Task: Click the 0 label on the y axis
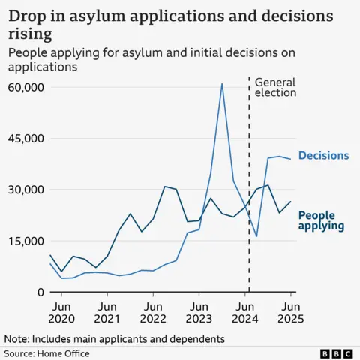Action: [41, 292]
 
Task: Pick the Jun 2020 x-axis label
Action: [61, 313]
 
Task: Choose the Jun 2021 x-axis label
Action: [107, 313]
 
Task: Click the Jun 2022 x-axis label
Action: [153, 313]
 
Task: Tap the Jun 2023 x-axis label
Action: [199, 313]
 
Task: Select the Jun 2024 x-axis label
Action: [244, 313]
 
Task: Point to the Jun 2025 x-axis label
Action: [290, 313]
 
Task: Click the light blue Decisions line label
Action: [323, 156]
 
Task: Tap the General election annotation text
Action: [275, 87]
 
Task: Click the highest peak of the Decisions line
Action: [222, 84]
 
